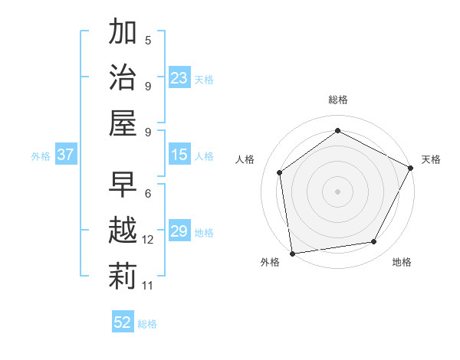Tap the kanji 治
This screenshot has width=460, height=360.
coord(123,77)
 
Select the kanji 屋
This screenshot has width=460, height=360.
coord(123,123)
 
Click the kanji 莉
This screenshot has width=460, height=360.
coord(123,276)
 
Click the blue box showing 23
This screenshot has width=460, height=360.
coord(179,78)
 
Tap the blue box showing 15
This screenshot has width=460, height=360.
coord(179,155)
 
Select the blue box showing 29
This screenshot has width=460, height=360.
coord(179,231)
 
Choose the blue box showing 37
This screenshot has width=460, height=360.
coord(65,155)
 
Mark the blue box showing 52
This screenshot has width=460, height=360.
coord(123,322)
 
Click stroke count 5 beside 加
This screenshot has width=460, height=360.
coord(148,40)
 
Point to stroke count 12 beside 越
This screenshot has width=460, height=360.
coord(148,240)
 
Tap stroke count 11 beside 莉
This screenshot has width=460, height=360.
coord(148,286)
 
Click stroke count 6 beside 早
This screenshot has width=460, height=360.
coord(148,194)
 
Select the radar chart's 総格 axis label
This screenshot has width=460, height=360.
coord(337,100)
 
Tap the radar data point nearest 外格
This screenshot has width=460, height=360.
coord(292,253)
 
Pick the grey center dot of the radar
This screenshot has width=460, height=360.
coord(337,191)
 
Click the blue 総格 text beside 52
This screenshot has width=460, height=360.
coord(147,324)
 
